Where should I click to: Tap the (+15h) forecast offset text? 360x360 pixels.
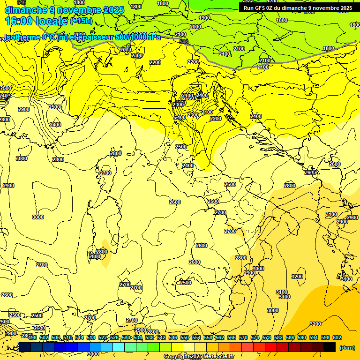point(81,21)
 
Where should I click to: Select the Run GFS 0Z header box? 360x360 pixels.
point(298,7)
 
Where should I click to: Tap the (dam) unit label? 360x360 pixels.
point(347,348)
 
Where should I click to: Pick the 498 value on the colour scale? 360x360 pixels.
point(32,337)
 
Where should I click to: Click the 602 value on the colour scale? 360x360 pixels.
point(337,337)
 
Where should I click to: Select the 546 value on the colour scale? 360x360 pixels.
point(173,337)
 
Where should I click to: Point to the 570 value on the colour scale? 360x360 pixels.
point(243,337)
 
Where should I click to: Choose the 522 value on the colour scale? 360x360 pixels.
point(103,337)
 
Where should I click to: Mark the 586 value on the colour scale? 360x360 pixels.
point(290,337)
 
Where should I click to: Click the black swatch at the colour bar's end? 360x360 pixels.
point(330,347)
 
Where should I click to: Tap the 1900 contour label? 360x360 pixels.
point(204,18)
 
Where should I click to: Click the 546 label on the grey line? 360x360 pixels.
point(184,42)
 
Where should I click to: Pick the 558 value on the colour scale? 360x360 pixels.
point(208,337)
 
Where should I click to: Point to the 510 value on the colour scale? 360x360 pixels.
point(67,337)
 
